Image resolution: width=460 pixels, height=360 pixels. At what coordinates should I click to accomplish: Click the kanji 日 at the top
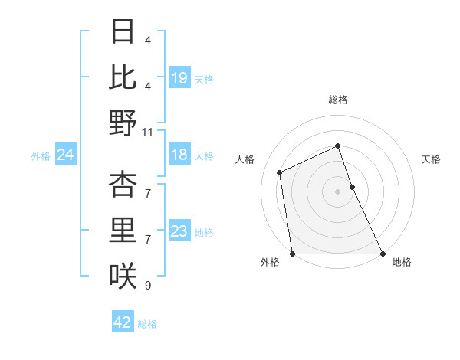point(123,32)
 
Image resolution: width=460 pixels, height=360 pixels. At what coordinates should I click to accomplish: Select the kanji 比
point(123,77)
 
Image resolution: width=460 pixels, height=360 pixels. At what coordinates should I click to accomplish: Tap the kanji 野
point(123,123)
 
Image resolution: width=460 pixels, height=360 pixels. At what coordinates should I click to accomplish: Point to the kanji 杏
point(123,184)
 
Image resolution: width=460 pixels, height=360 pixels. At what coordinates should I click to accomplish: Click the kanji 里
point(123,230)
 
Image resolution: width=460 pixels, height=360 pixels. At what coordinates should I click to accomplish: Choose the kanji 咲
point(123,276)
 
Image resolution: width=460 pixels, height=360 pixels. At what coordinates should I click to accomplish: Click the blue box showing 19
point(179,78)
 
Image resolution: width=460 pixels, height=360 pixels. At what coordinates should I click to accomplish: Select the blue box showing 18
point(179,155)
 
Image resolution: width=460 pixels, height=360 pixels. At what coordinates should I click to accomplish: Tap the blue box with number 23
point(179,232)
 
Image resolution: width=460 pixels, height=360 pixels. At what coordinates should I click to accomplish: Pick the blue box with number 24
point(66,155)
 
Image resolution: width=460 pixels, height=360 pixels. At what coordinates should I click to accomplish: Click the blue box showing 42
point(123,322)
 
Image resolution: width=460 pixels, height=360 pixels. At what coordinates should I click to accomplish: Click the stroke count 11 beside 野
point(148,133)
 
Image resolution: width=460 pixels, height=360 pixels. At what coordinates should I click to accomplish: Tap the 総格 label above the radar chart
point(338,100)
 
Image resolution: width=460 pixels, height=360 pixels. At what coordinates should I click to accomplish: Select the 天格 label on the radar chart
point(431,159)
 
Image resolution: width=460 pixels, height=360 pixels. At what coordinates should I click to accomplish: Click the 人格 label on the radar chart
point(245,159)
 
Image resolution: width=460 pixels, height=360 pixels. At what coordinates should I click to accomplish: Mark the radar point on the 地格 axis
point(383,254)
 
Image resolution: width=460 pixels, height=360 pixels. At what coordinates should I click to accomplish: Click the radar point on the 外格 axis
point(293,254)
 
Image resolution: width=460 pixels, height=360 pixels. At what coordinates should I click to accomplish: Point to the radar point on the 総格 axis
point(338,146)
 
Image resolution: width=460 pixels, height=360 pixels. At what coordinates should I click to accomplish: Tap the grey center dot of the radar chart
point(338,191)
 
